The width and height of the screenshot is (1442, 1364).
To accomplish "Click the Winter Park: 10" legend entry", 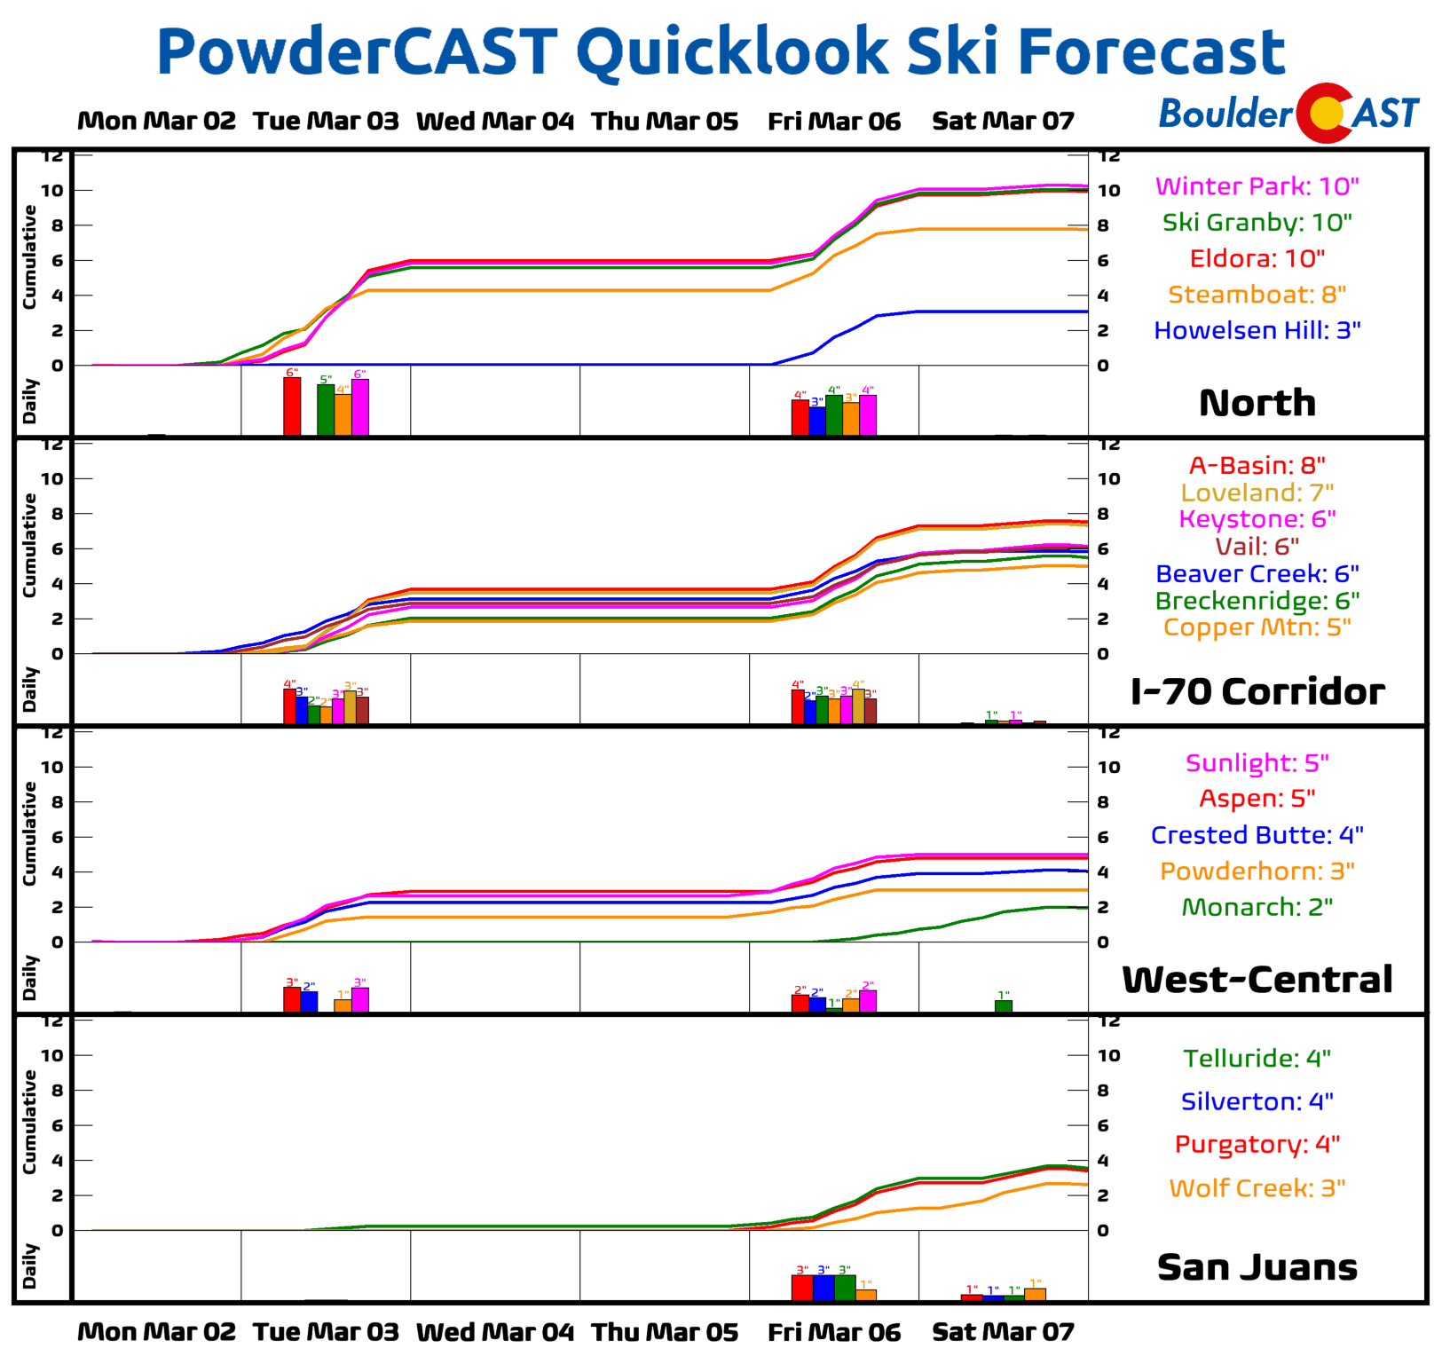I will click(x=1257, y=186).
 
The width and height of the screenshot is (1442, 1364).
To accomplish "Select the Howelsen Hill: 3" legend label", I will click(x=1257, y=330).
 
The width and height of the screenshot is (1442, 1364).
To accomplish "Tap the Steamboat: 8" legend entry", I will click(x=1257, y=295).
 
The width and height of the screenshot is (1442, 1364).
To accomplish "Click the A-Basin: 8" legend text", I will click(x=1257, y=465).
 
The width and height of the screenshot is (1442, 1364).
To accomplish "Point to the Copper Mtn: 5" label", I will click(x=1257, y=627).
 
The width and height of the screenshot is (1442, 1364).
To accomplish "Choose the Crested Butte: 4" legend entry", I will click(x=1257, y=835).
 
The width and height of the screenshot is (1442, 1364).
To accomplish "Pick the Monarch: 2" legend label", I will click(x=1257, y=907).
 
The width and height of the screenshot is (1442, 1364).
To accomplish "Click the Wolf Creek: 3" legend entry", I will click(x=1257, y=1188).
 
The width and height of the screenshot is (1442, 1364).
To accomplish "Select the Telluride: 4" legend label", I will click(x=1257, y=1058).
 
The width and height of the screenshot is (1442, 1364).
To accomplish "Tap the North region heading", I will click(x=1257, y=403).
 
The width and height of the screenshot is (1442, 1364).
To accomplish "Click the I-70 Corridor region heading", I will click(x=1257, y=691).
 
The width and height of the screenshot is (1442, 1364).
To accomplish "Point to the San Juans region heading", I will click(x=1257, y=1267).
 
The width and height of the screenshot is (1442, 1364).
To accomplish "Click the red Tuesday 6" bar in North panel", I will click(x=292, y=406).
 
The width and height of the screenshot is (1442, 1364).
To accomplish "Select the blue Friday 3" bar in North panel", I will click(x=817, y=421).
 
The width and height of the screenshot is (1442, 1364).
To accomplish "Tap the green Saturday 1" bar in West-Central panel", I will click(x=1004, y=1005).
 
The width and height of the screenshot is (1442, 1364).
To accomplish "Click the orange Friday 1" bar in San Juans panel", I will click(x=866, y=1295).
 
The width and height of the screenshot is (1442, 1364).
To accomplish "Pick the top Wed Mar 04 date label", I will click(x=495, y=121).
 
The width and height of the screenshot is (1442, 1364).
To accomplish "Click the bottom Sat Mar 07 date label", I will click(x=1003, y=1332).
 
